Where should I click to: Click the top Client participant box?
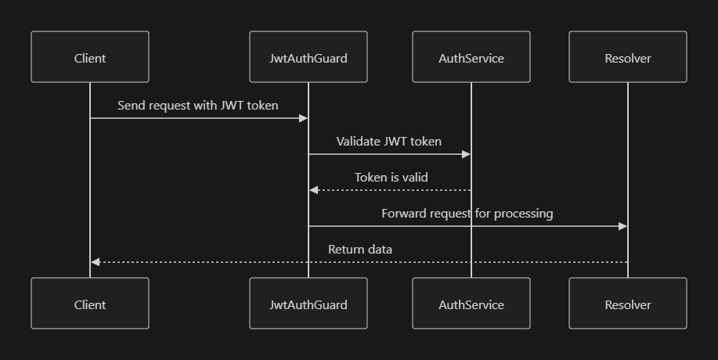point(90,58)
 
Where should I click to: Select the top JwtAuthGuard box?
point(308,58)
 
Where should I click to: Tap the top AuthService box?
point(471,58)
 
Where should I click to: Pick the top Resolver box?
point(628,58)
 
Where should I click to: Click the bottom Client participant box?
point(90,304)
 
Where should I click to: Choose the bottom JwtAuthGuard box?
point(308,304)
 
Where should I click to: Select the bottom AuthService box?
point(471,304)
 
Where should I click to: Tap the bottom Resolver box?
point(628,304)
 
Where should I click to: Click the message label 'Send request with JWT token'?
point(198,105)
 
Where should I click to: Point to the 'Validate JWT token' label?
point(389,142)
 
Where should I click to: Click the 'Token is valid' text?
point(391,178)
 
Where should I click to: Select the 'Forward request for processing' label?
point(467,214)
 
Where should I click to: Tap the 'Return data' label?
point(360,250)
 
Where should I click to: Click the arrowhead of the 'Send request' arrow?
point(303,118)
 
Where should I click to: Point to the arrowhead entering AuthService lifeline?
point(466,154)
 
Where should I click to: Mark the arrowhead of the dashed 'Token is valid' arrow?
point(314,190)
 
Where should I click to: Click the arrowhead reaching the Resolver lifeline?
point(622,226)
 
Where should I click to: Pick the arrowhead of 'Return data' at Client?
point(96,262)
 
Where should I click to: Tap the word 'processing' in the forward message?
point(525,214)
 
